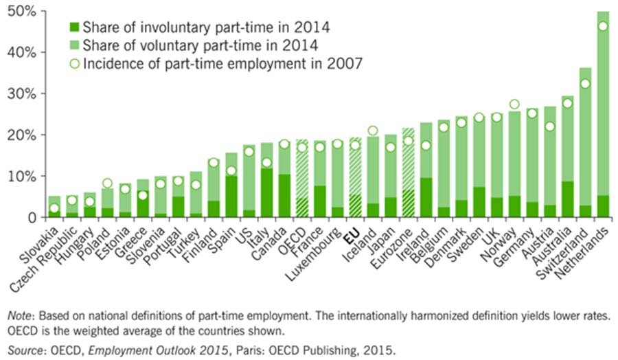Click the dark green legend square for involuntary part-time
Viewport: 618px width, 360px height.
pyautogui.click(x=73, y=28)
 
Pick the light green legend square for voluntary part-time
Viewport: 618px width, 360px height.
pyautogui.click(x=73, y=46)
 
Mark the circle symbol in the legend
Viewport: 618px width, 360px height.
pyautogui.click(x=73, y=64)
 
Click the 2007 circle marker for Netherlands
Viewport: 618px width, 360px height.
pyautogui.click(x=604, y=26)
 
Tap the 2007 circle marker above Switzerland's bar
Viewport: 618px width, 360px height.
pyautogui.click(x=586, y=84)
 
